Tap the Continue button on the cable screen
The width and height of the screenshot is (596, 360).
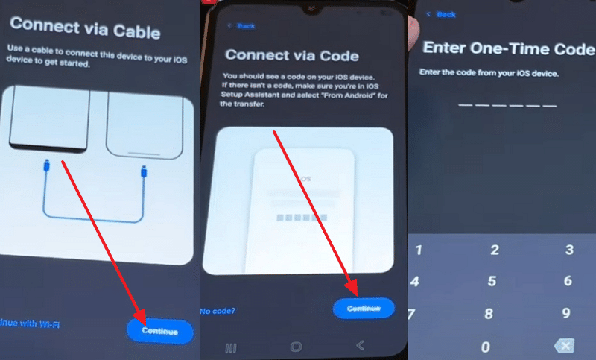coord(159,331)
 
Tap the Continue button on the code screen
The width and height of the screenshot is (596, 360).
coord(363,307)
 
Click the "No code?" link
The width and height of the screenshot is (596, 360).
coord(218,310)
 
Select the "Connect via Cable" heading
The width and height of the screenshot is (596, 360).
coord(84,31)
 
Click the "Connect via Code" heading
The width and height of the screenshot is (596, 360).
coord(291,55)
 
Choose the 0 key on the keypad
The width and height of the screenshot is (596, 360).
coord(486,347)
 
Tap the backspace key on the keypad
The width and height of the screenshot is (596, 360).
coord(565,346)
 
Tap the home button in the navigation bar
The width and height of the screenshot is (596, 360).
coord(296,347)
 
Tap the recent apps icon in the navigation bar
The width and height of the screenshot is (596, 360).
coord(231,347)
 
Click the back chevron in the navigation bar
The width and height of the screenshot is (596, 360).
coord(361,346)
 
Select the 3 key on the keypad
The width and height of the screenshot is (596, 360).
coord(569,250)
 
